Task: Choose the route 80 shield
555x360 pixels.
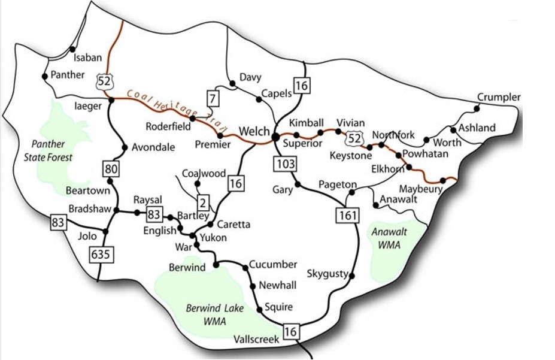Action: [110, 169]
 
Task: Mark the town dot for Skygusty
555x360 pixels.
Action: [352, 276]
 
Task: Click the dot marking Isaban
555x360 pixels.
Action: [73, 49]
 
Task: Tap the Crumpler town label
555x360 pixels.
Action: [499, 97]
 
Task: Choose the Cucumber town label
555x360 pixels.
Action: [273, 264]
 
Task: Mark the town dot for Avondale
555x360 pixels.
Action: [125, 147]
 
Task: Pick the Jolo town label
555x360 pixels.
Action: [87, 236]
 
